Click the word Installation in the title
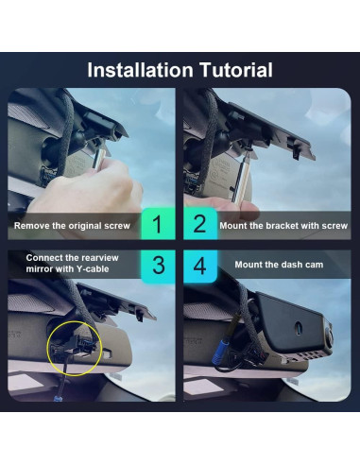[139, 71]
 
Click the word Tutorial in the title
[232, 71]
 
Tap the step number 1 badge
[157, 226]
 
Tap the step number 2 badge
[200, 226]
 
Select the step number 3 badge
[157, 265]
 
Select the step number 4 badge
[200, 265]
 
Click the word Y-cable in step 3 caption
[97, 269]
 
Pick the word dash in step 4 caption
[291, 265]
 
